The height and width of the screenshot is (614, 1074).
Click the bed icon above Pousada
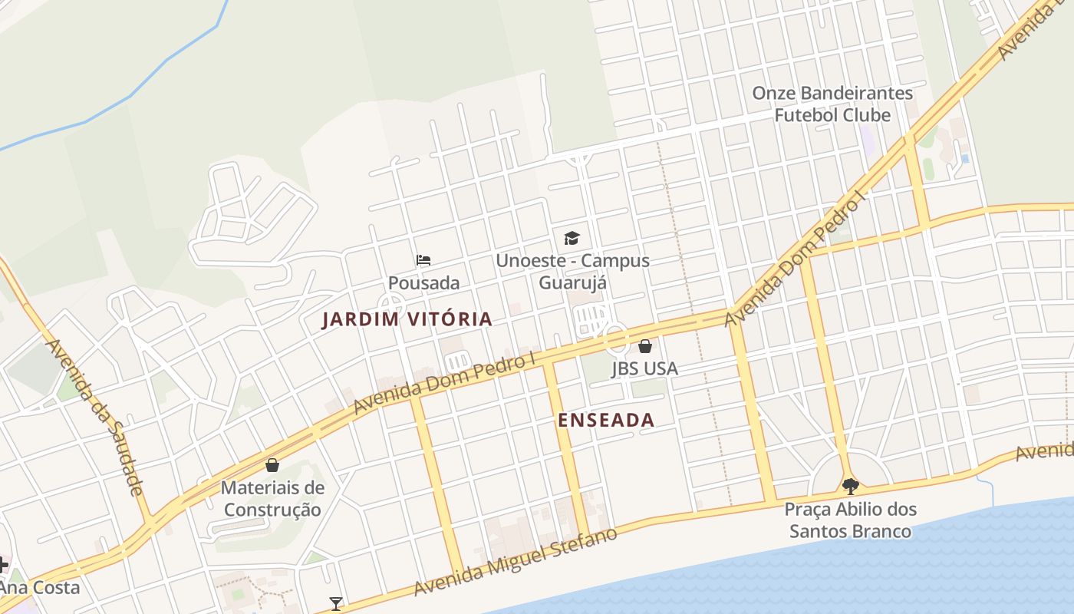coord(423,260)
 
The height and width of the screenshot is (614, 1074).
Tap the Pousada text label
coord(423,282)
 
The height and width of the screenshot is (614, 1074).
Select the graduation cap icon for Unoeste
coord(572,238)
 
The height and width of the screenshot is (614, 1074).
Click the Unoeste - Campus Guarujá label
coord(572,271)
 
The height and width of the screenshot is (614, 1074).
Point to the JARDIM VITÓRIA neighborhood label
coord(407,319)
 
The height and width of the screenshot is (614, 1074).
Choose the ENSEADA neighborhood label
coord(606,420)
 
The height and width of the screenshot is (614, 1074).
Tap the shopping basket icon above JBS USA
coord(645,346)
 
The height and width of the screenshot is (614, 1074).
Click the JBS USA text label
coord(644,368)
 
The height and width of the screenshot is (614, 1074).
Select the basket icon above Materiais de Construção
coord(272,465)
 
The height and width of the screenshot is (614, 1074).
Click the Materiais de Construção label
coord(272,498)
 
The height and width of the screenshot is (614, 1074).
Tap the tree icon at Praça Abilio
coord(850,486)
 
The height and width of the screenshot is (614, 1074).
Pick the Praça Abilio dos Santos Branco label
coord(850,520)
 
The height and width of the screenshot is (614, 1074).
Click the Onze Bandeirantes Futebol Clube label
coord(832,104)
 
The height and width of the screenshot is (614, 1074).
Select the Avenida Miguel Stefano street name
coord(515,563)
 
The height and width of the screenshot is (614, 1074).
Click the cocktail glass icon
coord(335,604)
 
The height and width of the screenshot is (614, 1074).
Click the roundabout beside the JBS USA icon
coord(615,338)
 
